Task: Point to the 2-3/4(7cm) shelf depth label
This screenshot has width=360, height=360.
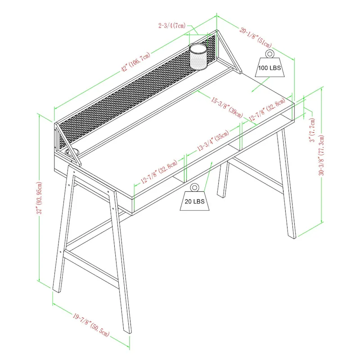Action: point(172,26)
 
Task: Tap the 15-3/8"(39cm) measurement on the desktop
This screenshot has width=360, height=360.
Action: point(227,105)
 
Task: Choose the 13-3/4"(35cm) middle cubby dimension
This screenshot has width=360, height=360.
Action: point(213,142)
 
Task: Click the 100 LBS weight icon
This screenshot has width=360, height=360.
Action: point(269,67)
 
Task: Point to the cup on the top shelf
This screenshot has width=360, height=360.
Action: point(198,56)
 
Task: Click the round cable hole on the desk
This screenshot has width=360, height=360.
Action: point(74,153)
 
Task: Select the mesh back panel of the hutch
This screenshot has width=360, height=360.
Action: point(135,97)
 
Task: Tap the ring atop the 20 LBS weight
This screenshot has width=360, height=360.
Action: point(194,187)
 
